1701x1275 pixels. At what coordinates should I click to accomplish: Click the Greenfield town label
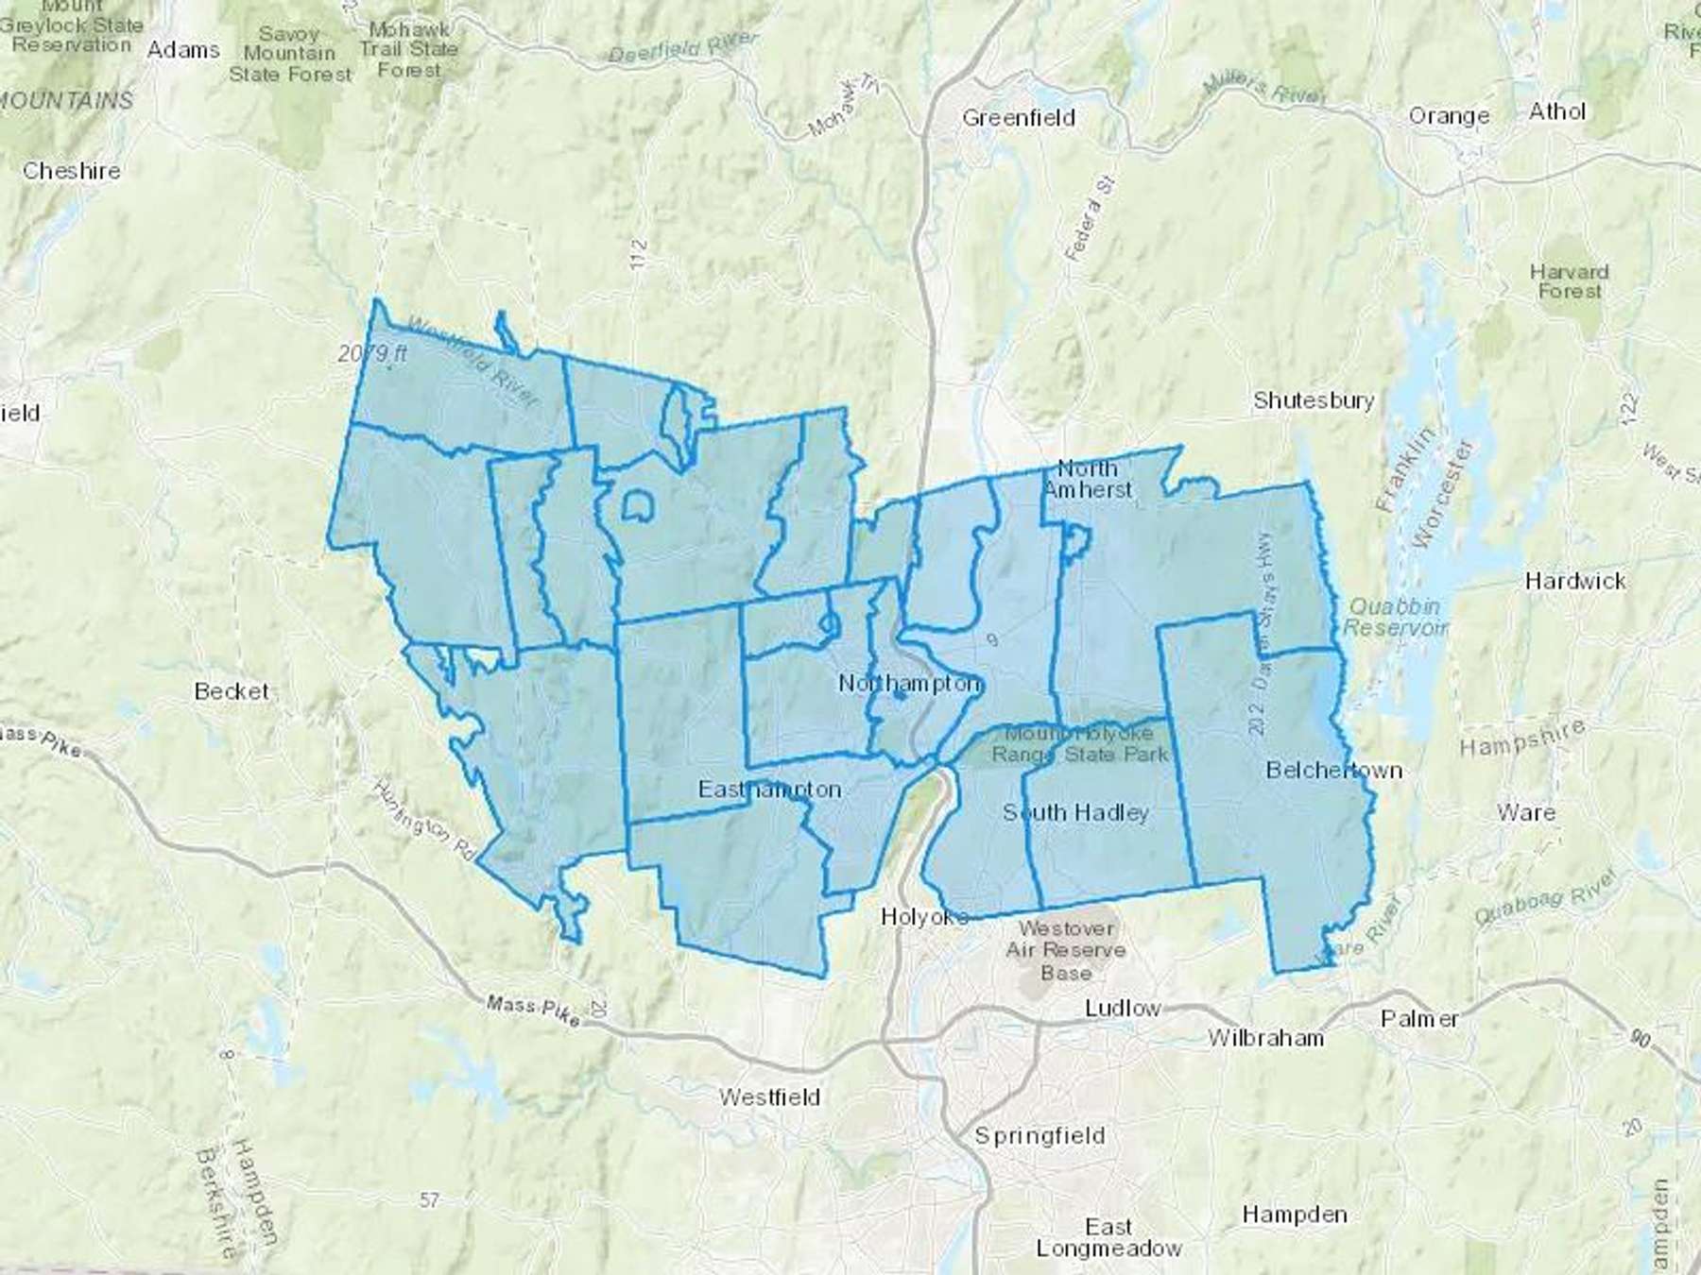pyautogui.click(x=1019, y=118)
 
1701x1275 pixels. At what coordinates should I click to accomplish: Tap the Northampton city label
pyautogui.click(x=909, y=683)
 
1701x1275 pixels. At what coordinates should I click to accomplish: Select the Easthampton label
pyautogui.click(x=769, y=790)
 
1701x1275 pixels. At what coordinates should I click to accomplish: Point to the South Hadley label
pyautogui.click(x=1075, y=812)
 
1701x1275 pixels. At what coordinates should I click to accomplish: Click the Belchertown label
pyautogui.click(x=1333, y=771)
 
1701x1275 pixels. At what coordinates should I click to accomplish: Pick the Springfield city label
pyautogui.click(x=1039, y=1135)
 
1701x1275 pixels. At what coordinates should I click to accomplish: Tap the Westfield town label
pyautogui.click(x=769, y=1097)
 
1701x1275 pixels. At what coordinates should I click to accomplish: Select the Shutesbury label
pyautogui.click(x=1314, y=400)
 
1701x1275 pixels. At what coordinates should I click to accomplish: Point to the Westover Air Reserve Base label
pyautogui.click(x=1065, y=950)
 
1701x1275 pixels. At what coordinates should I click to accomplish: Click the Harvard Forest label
pyautogui.click(x=1569, y=281)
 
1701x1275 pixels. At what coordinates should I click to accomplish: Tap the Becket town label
pyautogui.click(x=232, y=691)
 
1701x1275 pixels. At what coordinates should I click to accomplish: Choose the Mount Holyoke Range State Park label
pyautogui.click(x=1079, y=744)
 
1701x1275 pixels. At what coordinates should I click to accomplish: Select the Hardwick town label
pyautogui.click(x=1575, y=581)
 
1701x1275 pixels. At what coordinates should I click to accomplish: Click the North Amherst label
pyautogui.click(x=1087, y=479)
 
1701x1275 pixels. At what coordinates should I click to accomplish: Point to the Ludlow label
pyautogui.click(x=1123, y=1008)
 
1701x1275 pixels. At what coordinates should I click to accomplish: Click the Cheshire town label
pyautogui.click(x=72, y=171)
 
